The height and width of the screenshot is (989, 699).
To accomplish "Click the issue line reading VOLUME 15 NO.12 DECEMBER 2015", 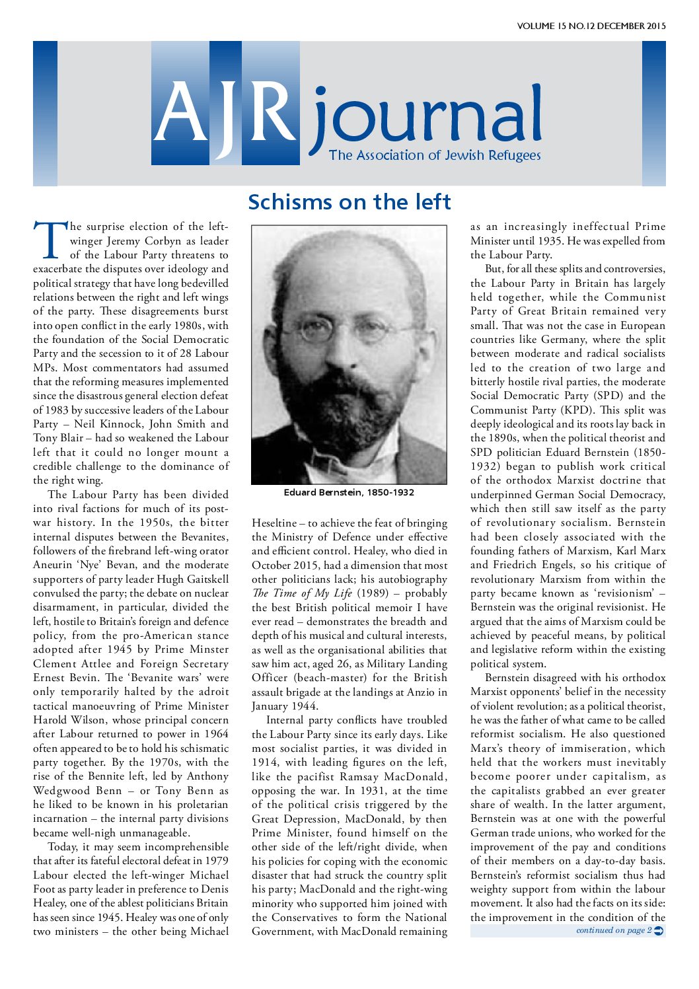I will (x=591, y=26).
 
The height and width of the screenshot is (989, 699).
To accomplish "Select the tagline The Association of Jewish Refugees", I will (x=435, y=155).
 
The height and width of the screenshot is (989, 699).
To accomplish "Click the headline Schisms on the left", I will (x=349, y=201).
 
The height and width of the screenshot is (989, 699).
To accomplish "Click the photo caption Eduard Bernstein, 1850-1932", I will (x=349, y=492).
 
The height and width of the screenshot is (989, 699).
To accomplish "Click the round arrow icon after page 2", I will (x=659, y=931).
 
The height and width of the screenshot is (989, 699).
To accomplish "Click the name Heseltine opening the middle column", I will (x=274, y=523).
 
